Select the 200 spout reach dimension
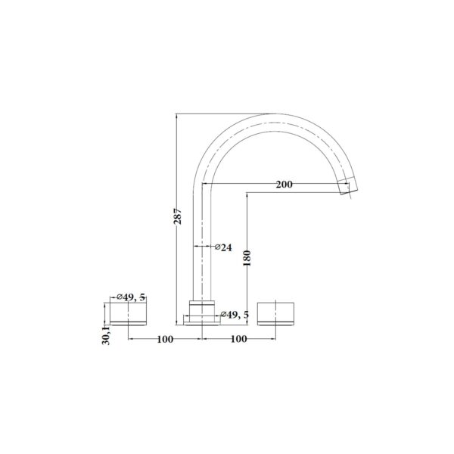pyautogui.click(x=285, y=185)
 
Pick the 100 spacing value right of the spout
pyautogui.click(x=239, y=340)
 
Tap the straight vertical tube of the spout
pyautogui.click(x=202, y=242)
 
